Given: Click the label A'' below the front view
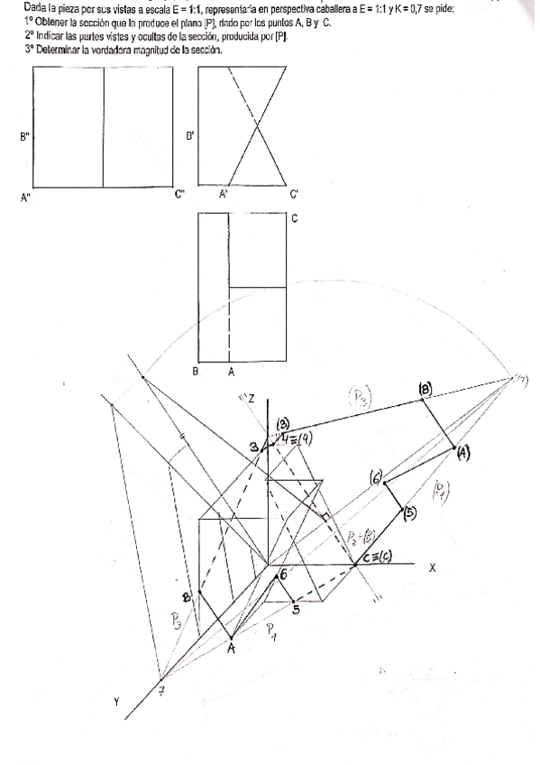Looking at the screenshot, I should point(25,198).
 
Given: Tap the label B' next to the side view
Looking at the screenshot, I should point(189,137).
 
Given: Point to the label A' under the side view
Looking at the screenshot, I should point(223,194).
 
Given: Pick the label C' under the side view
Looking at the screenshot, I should point(294,194).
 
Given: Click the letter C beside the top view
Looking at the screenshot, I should point(295,218).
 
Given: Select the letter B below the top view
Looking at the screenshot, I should point(196,370).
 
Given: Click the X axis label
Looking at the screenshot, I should point(432,567).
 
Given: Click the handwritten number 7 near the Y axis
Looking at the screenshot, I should point(162,691).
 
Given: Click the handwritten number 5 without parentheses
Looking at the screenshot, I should point(295,610).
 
